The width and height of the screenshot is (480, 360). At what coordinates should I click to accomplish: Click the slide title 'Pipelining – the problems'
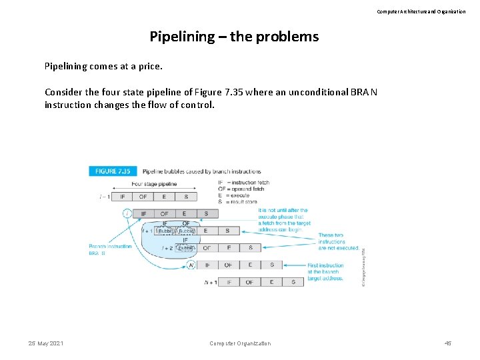point(234,36)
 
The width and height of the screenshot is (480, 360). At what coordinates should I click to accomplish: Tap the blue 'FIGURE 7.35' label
point(113,171)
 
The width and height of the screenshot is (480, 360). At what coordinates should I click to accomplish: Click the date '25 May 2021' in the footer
point(46,343)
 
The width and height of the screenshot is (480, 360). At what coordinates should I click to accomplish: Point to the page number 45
point(448,343)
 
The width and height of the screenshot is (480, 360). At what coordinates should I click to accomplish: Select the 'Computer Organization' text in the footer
point(240,343)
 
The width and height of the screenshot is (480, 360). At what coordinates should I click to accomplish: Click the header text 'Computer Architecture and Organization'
point(421,11)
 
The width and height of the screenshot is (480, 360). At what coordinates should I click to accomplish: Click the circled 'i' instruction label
point(127,213)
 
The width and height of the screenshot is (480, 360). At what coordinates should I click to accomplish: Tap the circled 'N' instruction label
point(191,265)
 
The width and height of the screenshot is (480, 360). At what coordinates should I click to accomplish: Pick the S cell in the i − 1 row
point(186,197)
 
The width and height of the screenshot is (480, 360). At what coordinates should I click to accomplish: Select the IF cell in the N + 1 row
point(229,282)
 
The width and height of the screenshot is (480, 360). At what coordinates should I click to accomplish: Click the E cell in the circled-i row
point(185,214)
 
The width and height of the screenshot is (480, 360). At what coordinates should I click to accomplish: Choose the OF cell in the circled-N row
point(228,265)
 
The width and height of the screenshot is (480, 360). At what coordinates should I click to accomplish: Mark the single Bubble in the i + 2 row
point(186,248)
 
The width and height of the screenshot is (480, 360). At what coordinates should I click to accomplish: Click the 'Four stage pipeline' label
point(154,183)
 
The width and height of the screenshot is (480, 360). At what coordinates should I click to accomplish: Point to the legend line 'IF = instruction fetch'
point(243,182)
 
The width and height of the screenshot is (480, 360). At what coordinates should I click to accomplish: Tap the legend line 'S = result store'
point(237,201)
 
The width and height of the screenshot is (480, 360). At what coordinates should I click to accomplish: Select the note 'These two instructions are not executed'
point(338,241)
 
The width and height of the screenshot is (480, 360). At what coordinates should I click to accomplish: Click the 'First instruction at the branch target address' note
point(325,271)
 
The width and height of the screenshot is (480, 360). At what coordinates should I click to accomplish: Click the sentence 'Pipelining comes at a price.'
point(103,67)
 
